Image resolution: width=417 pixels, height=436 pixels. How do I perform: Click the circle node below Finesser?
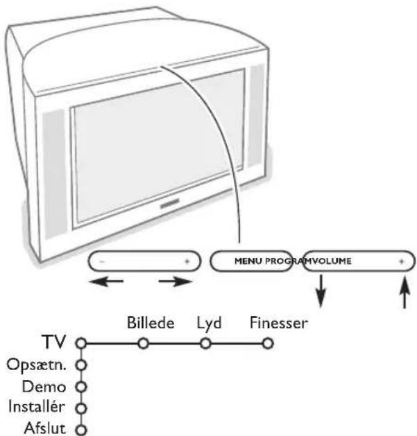pyautogui.click(x=266, y=342)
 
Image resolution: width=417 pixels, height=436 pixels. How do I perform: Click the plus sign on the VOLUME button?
pyautogui.click(x=401, y=261)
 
